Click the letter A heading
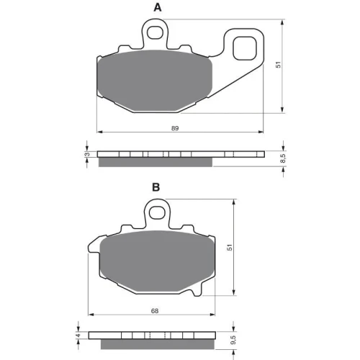pyautogui.click(x=158, y=8)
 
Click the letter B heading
pyautogui.click(x=156, y=187)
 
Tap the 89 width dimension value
pyautogui.click(x=175, y=128)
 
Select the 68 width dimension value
pyautogui.click(x=155, y=311)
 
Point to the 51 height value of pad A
pyautogui.click(x=278, y=65)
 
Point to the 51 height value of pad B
pyautogui.click(x=230, y=248)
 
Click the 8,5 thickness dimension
pyautogui.click(x=283, y=158)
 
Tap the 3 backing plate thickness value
pyautogui.click(x=88, y=154)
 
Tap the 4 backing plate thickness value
pyautogui.click(x=79, y=336)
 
